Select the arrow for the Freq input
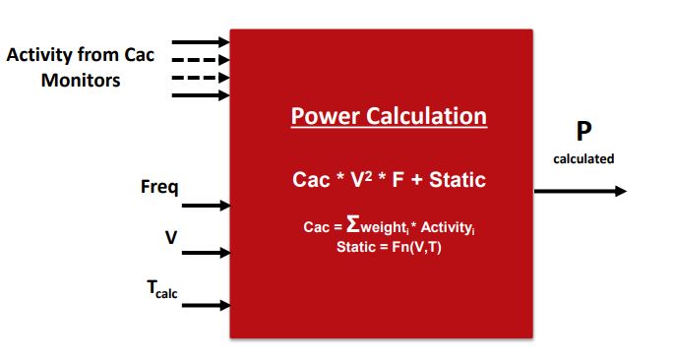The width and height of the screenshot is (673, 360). point(206,206)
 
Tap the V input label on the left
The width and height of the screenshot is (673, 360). point(170,237)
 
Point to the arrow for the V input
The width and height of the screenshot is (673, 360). point(206,253)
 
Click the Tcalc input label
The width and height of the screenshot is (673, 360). point(162,288)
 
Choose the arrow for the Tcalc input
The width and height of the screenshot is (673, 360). point(206,305)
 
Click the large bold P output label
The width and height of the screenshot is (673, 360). point(583,133)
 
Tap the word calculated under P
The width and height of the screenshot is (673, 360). point(583,158)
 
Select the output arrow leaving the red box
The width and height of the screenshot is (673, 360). point(581,191)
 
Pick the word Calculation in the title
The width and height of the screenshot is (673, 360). point(431,117)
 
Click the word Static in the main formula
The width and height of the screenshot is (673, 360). point(456,181)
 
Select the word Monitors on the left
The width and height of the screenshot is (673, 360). point(81,80)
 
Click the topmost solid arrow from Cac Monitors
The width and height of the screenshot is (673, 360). point(201,42)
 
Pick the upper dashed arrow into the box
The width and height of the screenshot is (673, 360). point(201,60)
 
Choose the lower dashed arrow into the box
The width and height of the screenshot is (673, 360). point(201,78)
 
